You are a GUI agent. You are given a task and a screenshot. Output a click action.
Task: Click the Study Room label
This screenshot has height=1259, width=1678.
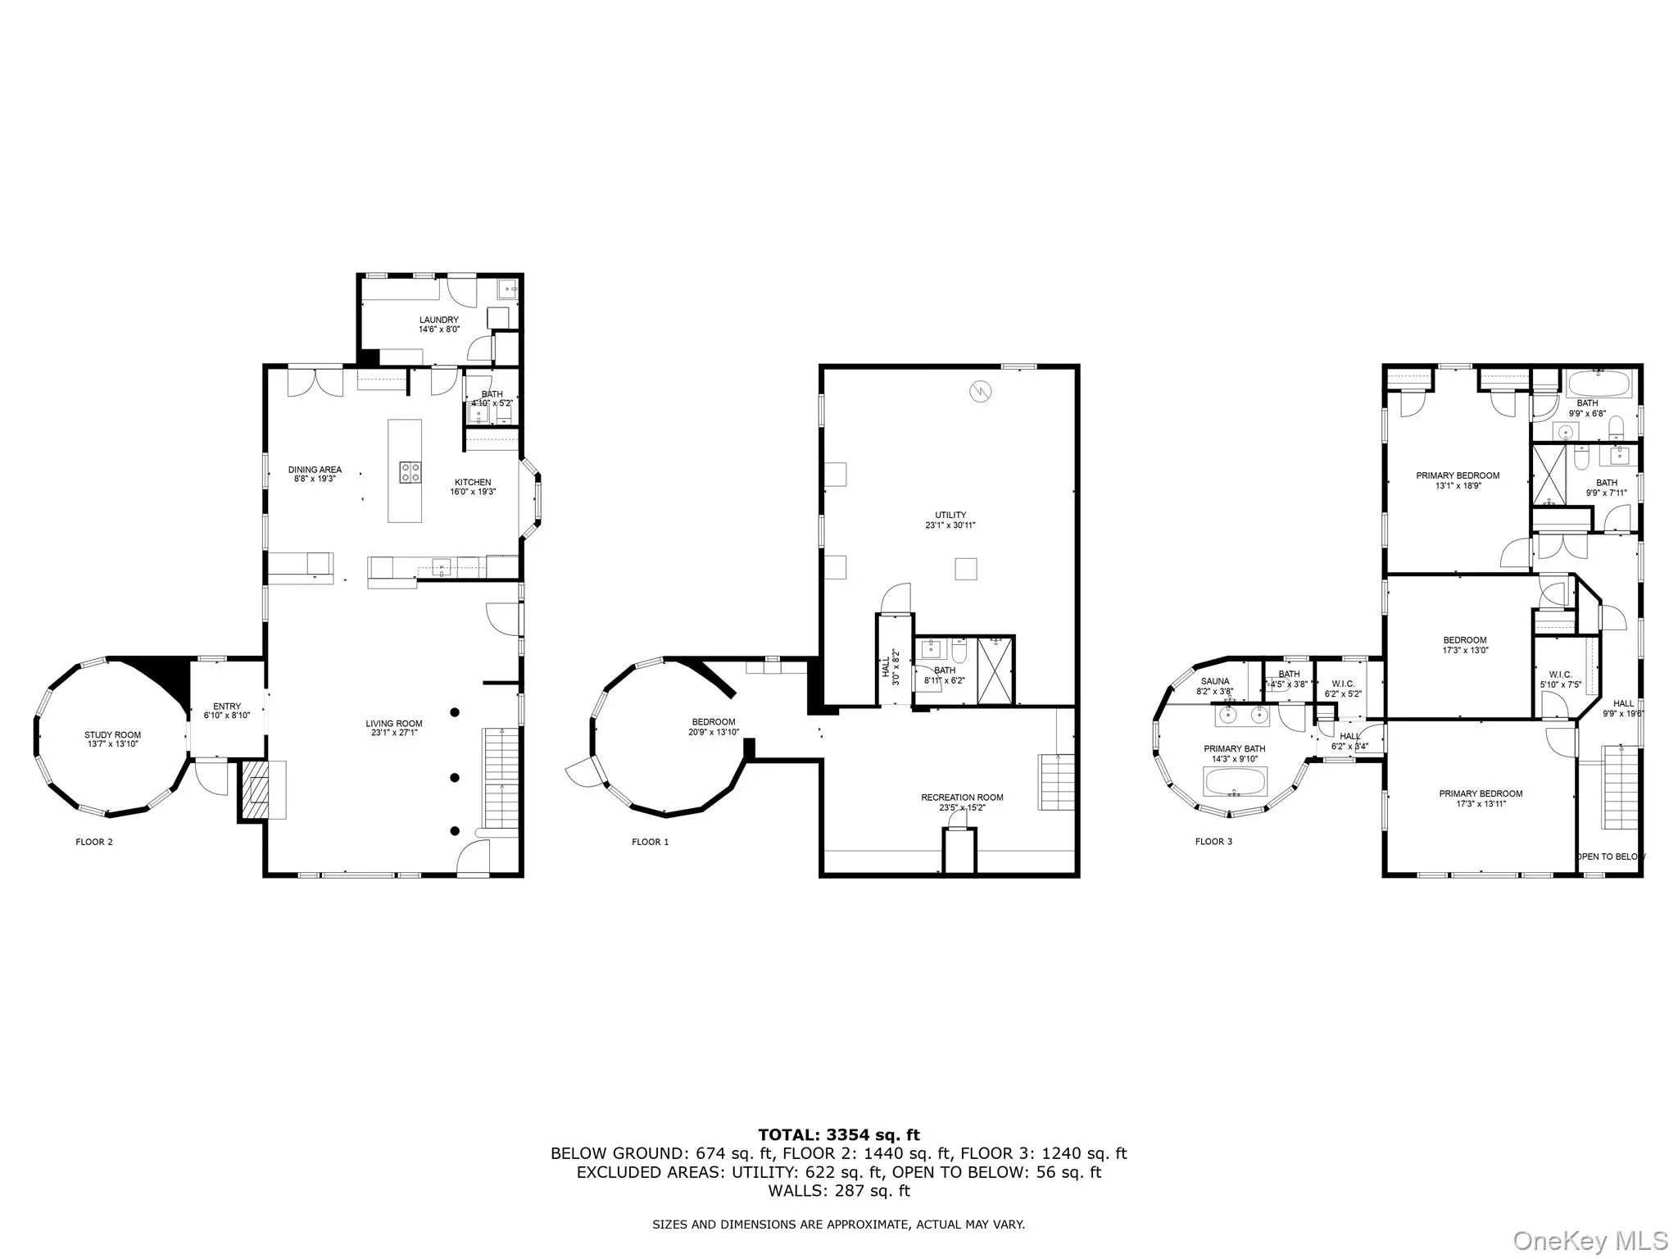112,735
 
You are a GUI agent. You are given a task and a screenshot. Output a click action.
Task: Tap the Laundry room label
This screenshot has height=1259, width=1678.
438,320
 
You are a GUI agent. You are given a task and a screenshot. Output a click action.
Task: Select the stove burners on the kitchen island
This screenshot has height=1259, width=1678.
410,471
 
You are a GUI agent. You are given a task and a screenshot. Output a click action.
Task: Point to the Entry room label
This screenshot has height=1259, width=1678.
227,707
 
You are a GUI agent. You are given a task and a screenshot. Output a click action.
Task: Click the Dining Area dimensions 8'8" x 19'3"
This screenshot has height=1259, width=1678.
315,479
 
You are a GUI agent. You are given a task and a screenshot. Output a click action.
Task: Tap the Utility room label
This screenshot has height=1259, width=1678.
950,516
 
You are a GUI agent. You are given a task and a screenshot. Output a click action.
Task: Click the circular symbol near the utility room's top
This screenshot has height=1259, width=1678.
979,392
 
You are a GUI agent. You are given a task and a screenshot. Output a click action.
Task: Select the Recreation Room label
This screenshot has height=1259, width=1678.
962,797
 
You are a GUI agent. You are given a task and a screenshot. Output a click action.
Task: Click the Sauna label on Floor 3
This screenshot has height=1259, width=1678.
1215,681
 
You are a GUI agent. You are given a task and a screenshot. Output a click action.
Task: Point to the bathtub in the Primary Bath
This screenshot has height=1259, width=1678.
1235,781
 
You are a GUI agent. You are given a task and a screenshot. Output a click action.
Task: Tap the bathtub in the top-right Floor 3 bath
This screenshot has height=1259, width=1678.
1599,382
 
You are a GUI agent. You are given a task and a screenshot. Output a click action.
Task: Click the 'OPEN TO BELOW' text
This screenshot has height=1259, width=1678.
1610,857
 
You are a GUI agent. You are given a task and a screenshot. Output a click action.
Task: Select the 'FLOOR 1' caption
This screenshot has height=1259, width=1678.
650,842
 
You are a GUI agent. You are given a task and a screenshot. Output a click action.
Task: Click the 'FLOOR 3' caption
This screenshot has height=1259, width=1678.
1213,842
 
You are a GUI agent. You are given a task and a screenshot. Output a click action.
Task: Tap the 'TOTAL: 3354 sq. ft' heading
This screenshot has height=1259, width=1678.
838,1135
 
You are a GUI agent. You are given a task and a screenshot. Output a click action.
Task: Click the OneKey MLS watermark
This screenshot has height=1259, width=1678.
1590,1240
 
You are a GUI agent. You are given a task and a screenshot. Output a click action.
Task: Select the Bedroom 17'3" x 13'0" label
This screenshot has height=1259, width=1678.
1464,640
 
